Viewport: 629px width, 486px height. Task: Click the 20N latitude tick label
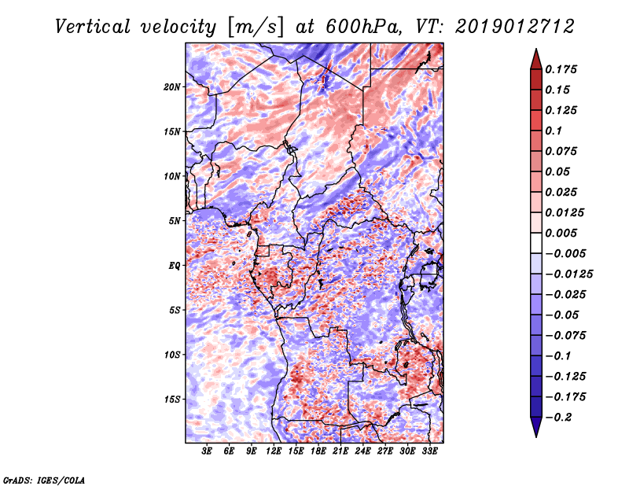pyautogui.click(x=173, y=87)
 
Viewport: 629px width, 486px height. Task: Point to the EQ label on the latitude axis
pyautogui.click(x=175, y=265)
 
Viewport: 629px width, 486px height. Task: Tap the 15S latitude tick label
pyautogui.click(x=173, y=399)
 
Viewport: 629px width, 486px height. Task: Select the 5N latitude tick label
pyautogui.click(x=175, y=220)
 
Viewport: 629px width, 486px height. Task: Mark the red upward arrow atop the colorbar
pyautogui.click(x=535, y=57)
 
